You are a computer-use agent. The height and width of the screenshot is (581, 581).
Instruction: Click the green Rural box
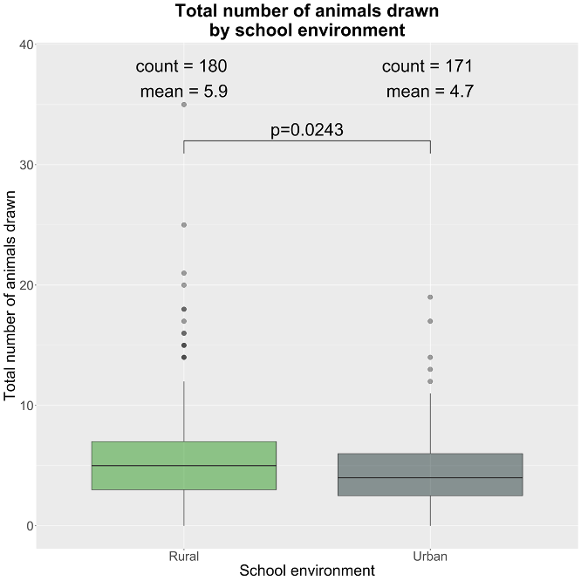183,466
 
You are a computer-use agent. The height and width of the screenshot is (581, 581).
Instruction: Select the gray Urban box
430,475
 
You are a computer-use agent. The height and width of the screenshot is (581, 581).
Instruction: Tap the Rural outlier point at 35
184,105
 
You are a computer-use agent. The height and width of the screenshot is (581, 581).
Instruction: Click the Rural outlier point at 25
184,225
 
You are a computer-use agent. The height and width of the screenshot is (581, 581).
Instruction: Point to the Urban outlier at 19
430,297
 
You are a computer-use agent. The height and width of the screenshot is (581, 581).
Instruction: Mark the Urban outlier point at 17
430,321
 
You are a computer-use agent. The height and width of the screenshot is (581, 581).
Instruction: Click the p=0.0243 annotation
307,130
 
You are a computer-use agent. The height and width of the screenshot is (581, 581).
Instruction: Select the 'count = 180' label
181,66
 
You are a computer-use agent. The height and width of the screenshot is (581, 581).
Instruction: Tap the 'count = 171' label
427,66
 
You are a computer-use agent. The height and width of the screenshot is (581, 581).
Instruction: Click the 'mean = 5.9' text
184,92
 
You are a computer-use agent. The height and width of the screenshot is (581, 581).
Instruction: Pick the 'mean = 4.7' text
430,92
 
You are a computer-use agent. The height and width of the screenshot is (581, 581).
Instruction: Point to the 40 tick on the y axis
25,44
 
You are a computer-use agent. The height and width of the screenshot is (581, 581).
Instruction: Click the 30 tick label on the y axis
25,165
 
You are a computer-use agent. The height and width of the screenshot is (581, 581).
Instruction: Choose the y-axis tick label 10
25,406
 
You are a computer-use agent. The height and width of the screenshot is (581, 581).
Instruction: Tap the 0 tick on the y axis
29,526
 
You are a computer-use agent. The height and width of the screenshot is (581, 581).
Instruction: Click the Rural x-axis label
183,556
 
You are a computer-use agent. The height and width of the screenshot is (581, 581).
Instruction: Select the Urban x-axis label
430,556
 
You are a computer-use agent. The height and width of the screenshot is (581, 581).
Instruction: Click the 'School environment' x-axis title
307,571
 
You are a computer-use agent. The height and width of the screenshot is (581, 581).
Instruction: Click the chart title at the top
307,20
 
